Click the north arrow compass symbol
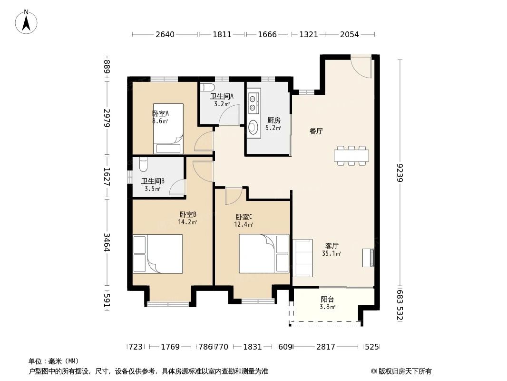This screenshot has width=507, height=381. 26,22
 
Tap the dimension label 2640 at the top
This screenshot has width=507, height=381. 165,34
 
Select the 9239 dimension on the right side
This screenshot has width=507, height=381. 400,173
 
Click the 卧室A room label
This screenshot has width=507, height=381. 160,113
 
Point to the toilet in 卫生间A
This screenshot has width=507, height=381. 207,88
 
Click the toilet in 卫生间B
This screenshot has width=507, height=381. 143,165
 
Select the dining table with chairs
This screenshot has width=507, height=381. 351,156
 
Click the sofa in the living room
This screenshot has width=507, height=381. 302,258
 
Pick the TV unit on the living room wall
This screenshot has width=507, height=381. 368,258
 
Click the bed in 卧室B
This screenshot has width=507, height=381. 158,254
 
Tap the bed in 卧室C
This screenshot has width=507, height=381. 264,254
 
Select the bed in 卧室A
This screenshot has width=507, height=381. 168,128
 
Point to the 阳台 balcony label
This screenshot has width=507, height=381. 327,300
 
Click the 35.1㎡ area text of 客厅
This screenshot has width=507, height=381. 331,253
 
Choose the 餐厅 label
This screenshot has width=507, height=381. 316,131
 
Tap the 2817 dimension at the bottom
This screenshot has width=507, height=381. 326,347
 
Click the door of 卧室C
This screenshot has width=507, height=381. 234,196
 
